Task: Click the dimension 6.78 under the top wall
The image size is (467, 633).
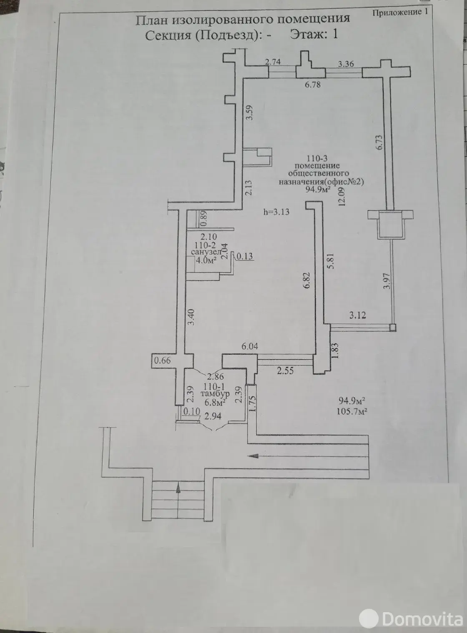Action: pos(313,85)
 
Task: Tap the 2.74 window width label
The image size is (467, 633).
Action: pos(273,62)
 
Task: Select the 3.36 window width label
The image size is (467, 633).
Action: pos(346,64)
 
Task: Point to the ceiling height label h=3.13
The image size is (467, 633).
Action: pos(276,212)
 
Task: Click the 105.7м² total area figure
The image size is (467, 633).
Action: pos(352,411)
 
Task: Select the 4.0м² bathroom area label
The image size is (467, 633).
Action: pos(206,260)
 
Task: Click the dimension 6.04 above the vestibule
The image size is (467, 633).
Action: pos(249,346)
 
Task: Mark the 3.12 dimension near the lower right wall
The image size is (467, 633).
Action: pos(357,315)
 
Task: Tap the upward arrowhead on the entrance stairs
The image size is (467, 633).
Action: pos(178,487)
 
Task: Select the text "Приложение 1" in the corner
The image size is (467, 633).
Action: pos(400,12)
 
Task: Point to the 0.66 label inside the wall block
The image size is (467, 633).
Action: pos(163,361)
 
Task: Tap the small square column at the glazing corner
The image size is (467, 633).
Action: pos(393,327)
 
